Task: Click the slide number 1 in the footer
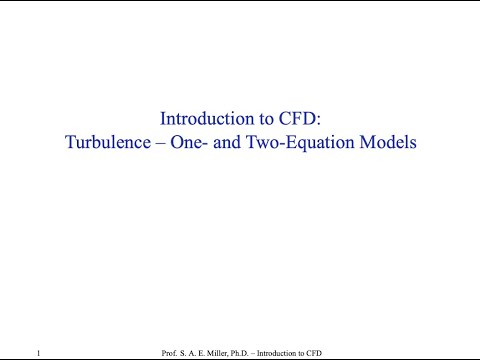(37, 353)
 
